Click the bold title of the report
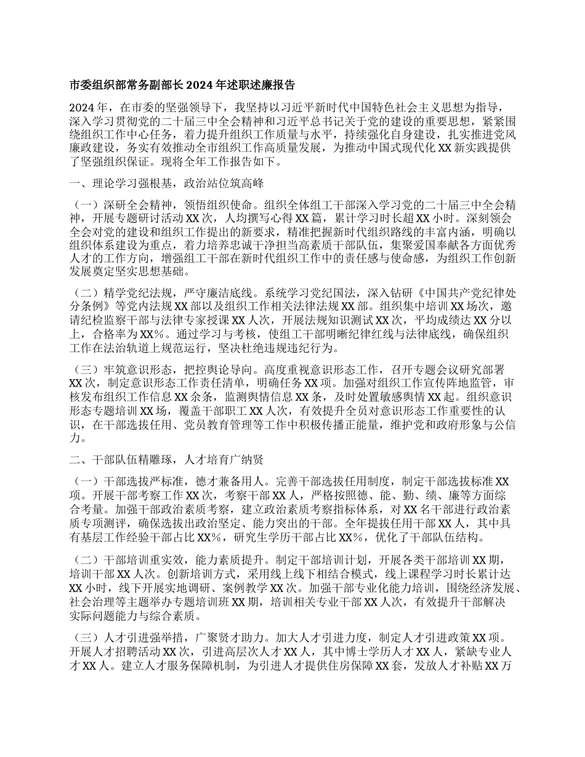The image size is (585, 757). [182, 84]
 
